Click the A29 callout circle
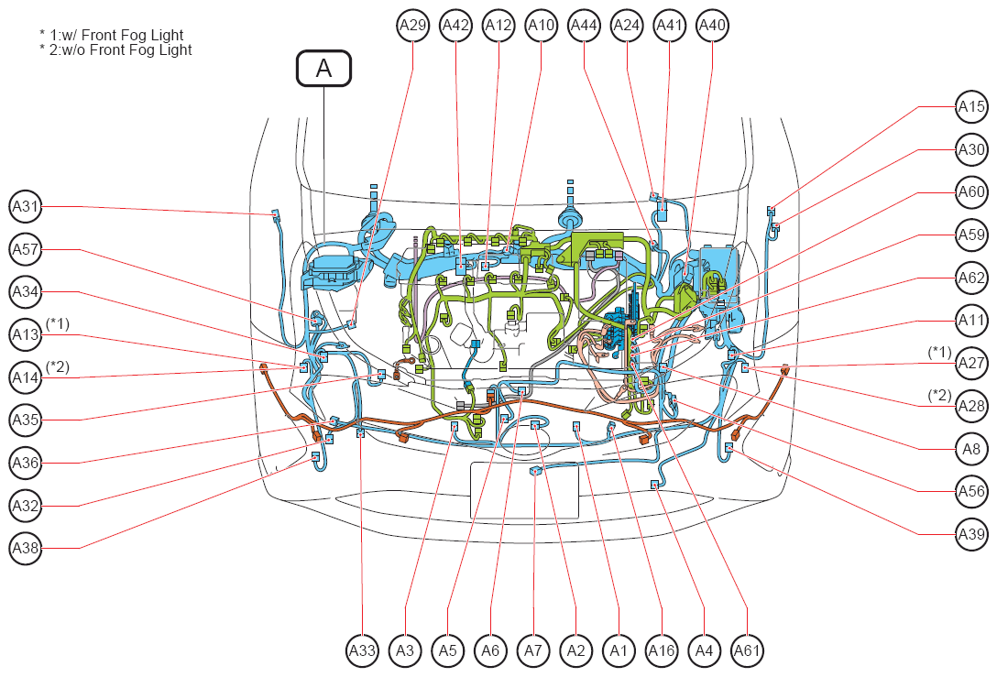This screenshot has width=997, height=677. (x=412, y=26)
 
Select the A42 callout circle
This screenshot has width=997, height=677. (x=456, y=26)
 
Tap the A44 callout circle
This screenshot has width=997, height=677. (x=584, y=26)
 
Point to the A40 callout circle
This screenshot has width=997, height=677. (x=712, y=26)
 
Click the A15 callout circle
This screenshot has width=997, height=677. (x=971, y=107)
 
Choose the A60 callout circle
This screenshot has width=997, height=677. (x=971, y=192)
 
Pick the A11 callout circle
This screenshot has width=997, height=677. (x=971, y=321)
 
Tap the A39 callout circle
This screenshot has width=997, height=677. (x=971, y=534)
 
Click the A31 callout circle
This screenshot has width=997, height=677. (x=26, y=207)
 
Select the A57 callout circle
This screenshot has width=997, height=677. (x=26, y=249)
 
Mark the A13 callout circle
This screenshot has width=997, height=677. (x=26, y=334)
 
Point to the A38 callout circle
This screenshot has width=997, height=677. (x=26, y=548)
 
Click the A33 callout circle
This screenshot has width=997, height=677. (x=363, y=651)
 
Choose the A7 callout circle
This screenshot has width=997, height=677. (x=532, y=651)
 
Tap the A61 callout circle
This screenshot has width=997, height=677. (x=747, y=651)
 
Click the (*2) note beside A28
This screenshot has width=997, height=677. (x=940, y=396)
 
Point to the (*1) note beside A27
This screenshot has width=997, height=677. (x=940, y=352)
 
